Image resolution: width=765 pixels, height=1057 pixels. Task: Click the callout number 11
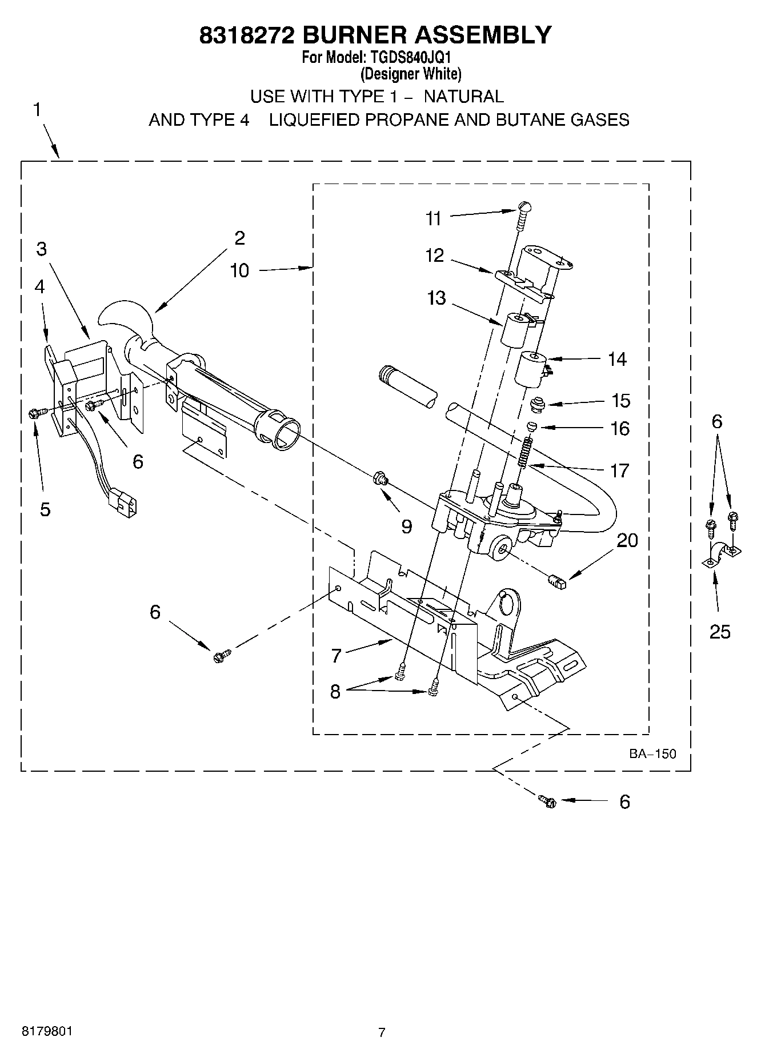click(x=434, y=218)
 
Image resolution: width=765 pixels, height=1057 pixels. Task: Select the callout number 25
click(x=720, y=632)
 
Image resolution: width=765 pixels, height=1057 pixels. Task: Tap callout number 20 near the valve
click(x=627, y=540)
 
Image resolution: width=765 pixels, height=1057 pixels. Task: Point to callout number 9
click(x=406, y=526)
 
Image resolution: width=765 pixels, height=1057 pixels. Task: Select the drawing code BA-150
click(x=652, y=753)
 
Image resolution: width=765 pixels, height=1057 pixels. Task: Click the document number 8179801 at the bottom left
click(x=47, y=1031)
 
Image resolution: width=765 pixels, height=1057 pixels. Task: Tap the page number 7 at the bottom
click(x=382, y=1032)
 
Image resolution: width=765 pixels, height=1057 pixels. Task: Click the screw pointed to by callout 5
click(x=34, y=413)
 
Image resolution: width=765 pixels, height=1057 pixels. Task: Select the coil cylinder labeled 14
click(x=531, y=369)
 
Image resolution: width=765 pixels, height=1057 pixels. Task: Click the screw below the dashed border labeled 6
click(x=547, y=801)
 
